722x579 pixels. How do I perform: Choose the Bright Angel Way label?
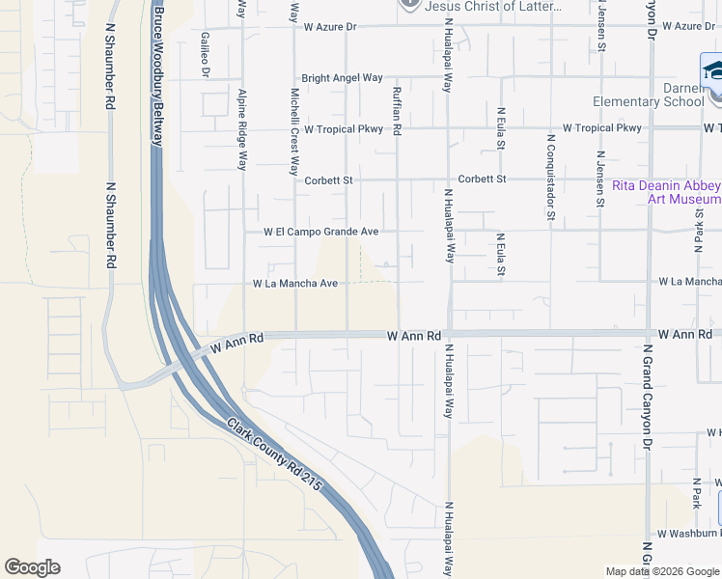pyautogui.click(x=342, y=78)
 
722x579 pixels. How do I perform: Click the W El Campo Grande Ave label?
pyautogui.click(x=321, y=232)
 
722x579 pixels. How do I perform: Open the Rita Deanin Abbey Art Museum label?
pyautogui.click(x=665, y=192)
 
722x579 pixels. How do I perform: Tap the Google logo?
pyautogui.click(x=32, y=567)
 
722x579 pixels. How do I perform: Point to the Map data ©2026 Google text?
pyautogui.click(x=663, y=570)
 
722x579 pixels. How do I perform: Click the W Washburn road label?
pyautogui.click(x=688, y=533)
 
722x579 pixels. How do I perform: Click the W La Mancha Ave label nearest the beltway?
pyautogui.click(x=295, y=284)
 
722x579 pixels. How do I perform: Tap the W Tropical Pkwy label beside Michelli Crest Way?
pyautogui.click(x=344, y=128)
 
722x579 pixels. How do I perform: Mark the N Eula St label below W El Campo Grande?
pyautogui.click(x=500, y=253)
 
